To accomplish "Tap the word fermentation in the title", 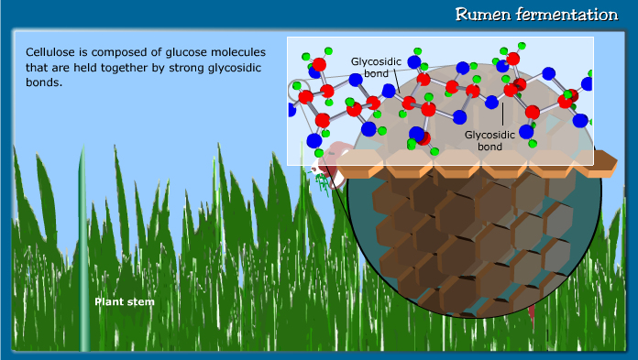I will point(568,15).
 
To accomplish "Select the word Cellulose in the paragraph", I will point(50,53).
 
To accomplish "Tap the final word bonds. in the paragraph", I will point(43,82).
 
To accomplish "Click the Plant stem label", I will point(124,300).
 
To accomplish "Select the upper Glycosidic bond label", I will point(373,67).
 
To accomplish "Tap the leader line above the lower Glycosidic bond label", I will point(503,112).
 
